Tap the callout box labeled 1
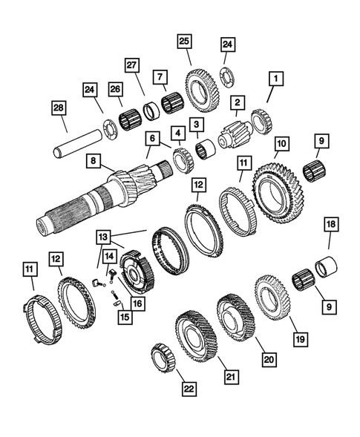click(275, 78)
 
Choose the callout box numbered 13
click(106, 237)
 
